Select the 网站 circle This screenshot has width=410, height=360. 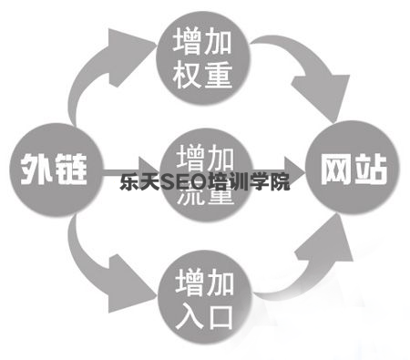pos(354,170)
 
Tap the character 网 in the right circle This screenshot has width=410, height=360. pos(336,170)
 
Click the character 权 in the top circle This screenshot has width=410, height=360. pos(187,73)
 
